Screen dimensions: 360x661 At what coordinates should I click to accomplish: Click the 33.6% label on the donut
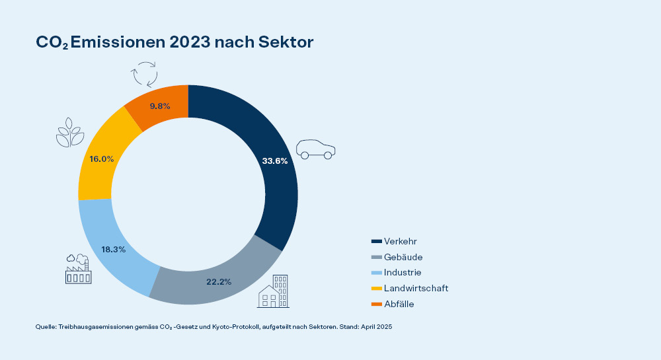[275, 161]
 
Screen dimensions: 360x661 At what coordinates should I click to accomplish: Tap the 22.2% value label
[218, 281]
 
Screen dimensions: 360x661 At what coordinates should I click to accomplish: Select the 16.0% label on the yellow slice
[101, 159]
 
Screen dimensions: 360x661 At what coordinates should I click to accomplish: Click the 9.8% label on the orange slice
[161, 105]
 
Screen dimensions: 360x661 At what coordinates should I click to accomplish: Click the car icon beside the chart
[315, 149]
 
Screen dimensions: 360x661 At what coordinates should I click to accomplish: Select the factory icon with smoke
[77, 269]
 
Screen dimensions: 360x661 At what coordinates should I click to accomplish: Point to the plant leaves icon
[69, 132]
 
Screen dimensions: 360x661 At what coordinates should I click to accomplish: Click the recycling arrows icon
[145, 74]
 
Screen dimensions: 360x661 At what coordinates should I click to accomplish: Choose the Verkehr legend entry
[400, 241]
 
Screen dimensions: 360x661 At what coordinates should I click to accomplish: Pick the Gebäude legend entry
[403, 257]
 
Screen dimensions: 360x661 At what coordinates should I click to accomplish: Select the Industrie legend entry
[402, 272]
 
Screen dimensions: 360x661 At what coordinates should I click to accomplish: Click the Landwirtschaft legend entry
[416, 288]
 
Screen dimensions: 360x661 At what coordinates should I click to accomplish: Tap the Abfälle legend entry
[399, 304]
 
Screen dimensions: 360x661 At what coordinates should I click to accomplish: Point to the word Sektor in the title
[286, 42]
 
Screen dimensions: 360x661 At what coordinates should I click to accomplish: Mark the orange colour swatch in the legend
[377, 304]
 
